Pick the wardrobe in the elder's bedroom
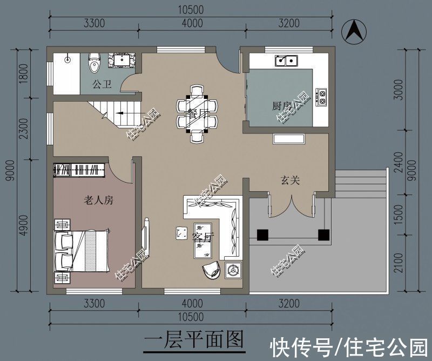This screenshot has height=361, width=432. (79, 169)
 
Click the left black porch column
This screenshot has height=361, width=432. (262, 235)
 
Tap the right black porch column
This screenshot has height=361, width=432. (323, 235)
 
